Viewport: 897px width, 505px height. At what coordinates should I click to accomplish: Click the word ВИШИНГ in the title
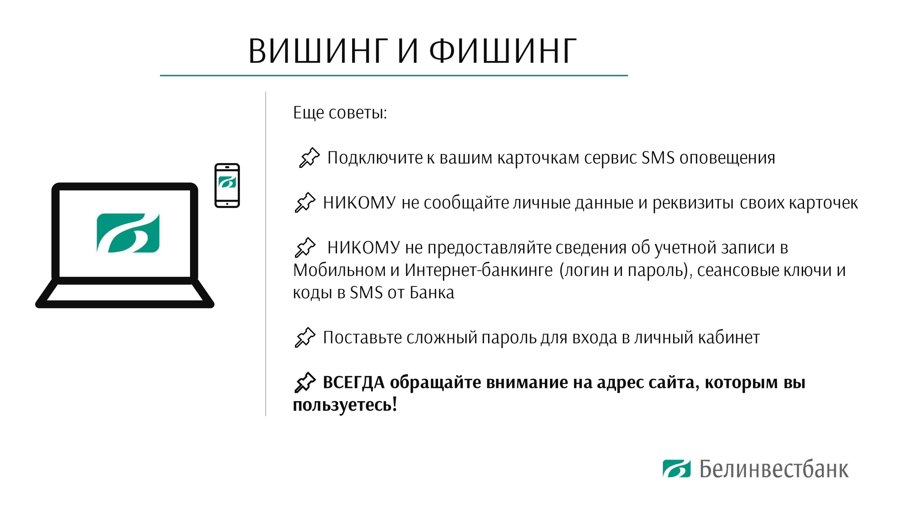pyautogui.click(x=318, y=51)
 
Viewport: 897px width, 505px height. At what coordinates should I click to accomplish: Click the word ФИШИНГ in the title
pyautogui.click(x=503, y=51)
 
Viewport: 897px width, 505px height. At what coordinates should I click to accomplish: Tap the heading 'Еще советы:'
pyautogui.click(x=340, y=113)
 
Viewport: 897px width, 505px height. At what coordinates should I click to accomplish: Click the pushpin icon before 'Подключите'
pyautogui.click(x=309, y=158)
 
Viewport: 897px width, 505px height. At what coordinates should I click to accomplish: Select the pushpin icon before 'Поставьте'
pyautogui.click(x=305, y=337)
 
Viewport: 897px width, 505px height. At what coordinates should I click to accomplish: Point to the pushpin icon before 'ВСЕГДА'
pyautogui.click(x=305, y=382)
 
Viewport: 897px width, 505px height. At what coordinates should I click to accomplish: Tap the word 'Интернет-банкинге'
pyautogui.click(x=479, y=270)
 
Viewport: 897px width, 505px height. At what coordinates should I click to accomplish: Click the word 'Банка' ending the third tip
pyautogui.click(x=432, y=293)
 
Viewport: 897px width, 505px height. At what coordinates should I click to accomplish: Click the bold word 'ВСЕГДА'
pyautogui.click(x=354, y=383)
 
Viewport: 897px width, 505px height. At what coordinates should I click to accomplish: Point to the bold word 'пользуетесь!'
pyautogui.click(x=345, y=405)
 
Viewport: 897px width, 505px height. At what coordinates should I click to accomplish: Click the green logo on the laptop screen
pyautogui.click(x=128, y=233)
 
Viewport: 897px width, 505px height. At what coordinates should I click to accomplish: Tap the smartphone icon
pyautogui.click(x=227, y=186)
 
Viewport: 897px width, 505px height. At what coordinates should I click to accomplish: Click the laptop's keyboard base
pyautogui.click(x=125, y=293)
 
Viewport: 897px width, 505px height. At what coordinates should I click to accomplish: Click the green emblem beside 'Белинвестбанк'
pyautogui.click(x=677, y=468)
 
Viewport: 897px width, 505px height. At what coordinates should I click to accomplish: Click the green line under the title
pyautogui.click(x=394, y=75)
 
